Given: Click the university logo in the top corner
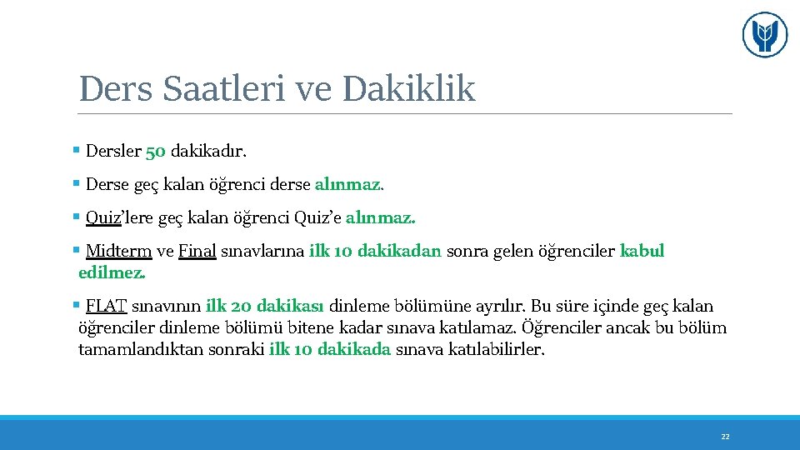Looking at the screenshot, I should tap(764, 35).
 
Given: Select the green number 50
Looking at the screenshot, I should tap(156, 152).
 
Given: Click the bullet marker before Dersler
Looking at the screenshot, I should tap(76, 152).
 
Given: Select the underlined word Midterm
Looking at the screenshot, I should tap(118, 252).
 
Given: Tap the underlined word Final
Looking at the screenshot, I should tap(197, 252).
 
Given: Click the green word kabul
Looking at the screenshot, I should tap(642, 252).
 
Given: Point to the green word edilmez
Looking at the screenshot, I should tap(112, 272).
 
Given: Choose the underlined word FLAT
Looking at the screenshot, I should tap(106, 307).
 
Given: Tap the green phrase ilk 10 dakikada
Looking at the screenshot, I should tap(330, 349).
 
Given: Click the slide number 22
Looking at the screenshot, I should tap(725, 437).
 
